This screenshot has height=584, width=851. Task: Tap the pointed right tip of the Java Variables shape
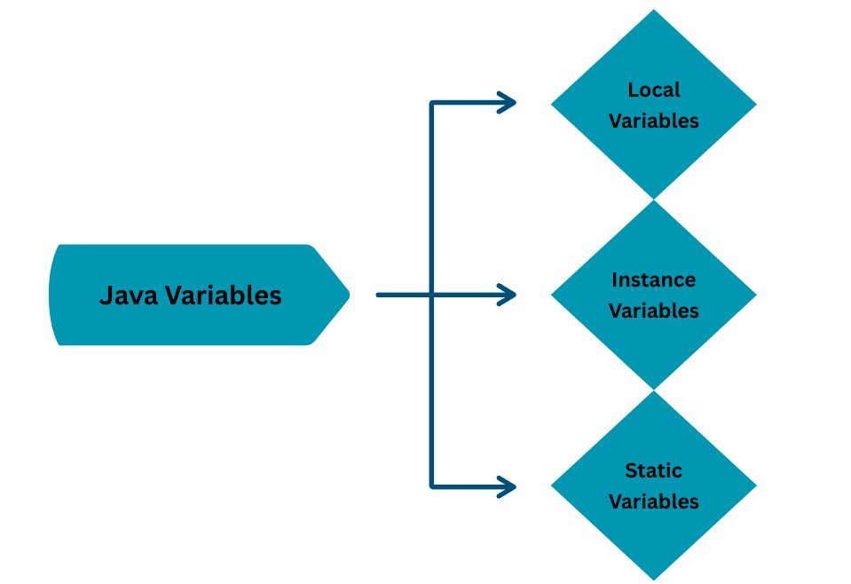coord(348,295)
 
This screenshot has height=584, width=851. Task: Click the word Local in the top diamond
coord(654,90)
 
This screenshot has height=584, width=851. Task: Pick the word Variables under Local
coord(654,121)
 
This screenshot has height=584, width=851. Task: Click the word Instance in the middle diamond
coord(654,280)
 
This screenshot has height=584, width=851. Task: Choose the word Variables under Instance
coord(654,311)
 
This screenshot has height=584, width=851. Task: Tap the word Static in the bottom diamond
coord(654,470)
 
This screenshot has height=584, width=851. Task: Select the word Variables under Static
coord(654,501)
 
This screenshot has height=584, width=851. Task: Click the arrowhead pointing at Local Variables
coord(509,103)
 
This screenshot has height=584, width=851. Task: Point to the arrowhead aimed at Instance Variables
coord(509,295)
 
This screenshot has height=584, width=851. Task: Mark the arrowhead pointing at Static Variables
coord(509,486)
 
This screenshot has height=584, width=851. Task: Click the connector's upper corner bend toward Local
coord(432,104)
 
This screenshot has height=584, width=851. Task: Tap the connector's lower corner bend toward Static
coord(432,485)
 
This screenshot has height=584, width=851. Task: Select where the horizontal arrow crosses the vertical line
coord(432,295)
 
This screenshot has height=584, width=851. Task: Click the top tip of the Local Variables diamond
coord(654,12)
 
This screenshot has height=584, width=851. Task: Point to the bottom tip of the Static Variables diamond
coord(654,579)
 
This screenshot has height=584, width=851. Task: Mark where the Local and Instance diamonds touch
coord(654,200)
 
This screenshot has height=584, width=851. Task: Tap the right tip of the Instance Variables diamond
coord(754,295)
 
